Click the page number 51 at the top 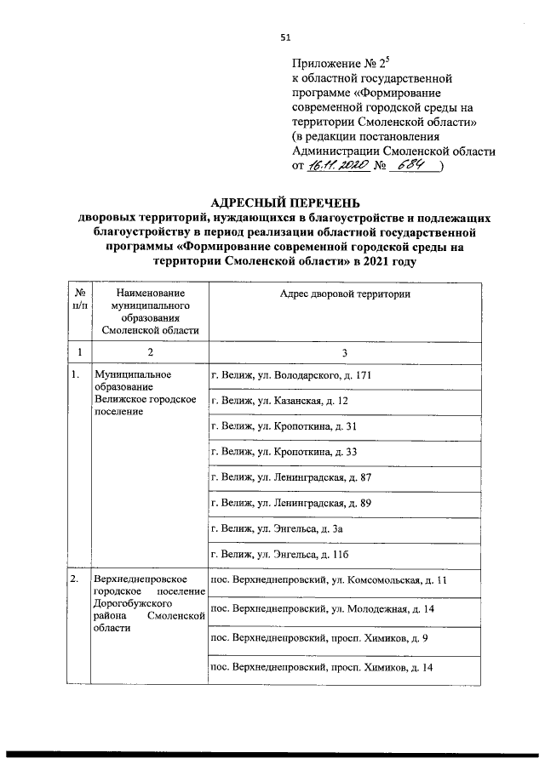point(285,37)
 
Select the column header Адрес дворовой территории point(345,294)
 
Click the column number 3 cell point(345,351)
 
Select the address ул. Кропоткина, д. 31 point(283,425)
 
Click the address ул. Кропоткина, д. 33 point(283,451)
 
